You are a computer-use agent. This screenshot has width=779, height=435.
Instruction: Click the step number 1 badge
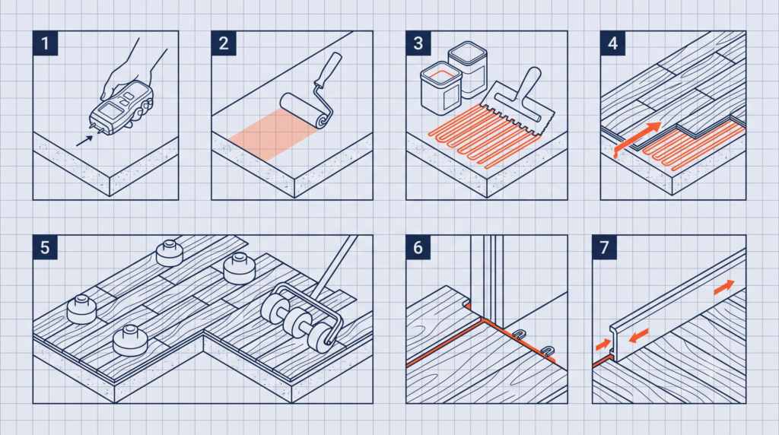point(45,43)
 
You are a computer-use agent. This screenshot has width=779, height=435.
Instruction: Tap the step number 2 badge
point(224,43)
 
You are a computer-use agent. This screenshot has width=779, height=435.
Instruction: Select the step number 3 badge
point(418,43)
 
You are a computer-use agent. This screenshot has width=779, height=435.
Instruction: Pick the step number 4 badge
point(612,43)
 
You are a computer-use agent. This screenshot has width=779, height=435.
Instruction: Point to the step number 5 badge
point(45,247)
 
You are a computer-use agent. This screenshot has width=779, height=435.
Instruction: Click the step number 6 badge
point(418,247)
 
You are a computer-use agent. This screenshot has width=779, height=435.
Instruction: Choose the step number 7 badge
point(604,247)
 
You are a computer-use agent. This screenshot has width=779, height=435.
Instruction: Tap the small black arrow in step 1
point(84,141)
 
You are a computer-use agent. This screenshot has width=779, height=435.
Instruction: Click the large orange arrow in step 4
point(638,139)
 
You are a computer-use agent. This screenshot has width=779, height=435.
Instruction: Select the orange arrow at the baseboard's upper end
point(724,287)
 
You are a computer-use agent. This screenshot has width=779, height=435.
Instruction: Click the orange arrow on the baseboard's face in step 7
point(639,335)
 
